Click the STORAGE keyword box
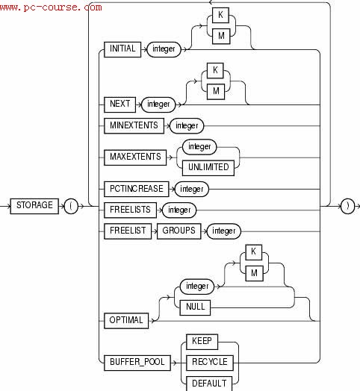(x=34, y=205)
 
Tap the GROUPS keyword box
(x=179, y=231)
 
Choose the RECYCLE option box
(x=210, y=363)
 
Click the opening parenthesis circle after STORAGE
(x=72, y=206)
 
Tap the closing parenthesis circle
(x=347, y=206)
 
